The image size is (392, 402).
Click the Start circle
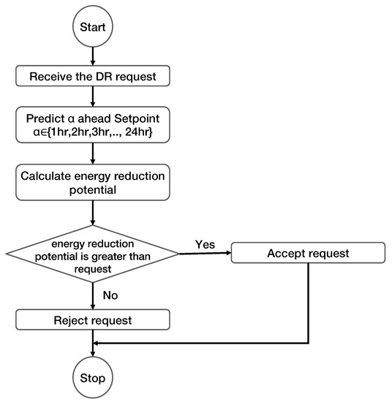pyautogui.click(x=93, y=26)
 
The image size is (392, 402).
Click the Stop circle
pyautogui.click(x=93, y=377)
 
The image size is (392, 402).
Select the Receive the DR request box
pyautogui.click(x=93, y=76)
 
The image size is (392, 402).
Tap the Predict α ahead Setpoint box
pyautogui.click(x=93, y=125)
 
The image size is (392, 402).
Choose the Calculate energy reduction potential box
pyautogui.click(x=93, y=182)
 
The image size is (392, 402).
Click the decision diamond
pyautogui.click(x=93, y=254)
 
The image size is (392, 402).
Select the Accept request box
pyautogui.click(x=308, y=253)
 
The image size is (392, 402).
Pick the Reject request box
pyautogui.click(x=93, y=319)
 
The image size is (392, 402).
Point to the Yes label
pyautogui.click(x=205, y=244)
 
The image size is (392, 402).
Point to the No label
pyautogui.click(x=110, y=295)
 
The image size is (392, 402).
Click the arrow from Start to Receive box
pyautogui.click(x=93, y=56)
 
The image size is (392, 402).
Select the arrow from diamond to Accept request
pyautogui.click(x=206, y=254)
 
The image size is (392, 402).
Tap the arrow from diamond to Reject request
pyautogui.click(x=93, y=296)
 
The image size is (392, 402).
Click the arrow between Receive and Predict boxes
pyautogui.click(x=93, y=96)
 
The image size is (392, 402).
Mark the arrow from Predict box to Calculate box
pyautogui.click(x=93, y=153)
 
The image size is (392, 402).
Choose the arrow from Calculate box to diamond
pyautogui.click(x=93, y=213)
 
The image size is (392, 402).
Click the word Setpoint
pyautogui.click(x=137, y=118)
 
